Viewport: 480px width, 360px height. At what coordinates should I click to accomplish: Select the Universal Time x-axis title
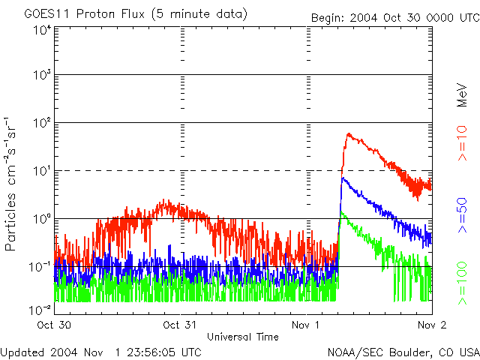point(243,337)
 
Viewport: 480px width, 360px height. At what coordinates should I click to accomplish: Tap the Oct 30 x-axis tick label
point(54,325)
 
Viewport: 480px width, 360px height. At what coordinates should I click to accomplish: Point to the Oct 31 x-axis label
point(180,325)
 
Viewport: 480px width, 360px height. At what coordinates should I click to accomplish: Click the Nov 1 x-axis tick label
point(306,325)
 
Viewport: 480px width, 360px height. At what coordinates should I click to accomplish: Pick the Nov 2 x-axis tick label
point(430,325)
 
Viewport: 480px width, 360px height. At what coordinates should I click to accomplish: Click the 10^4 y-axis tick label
point(41,30)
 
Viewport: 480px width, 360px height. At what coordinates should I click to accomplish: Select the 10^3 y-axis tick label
point(41,76)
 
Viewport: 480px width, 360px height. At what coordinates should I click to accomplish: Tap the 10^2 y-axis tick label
point(41,123)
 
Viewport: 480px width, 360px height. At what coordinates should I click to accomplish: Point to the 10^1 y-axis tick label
point(41,171)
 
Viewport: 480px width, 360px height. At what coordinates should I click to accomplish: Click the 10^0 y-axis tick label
point(41,219)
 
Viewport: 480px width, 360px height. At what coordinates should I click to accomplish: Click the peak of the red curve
point(349,134)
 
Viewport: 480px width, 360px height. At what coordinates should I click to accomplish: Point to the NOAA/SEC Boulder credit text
point(403,352)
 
